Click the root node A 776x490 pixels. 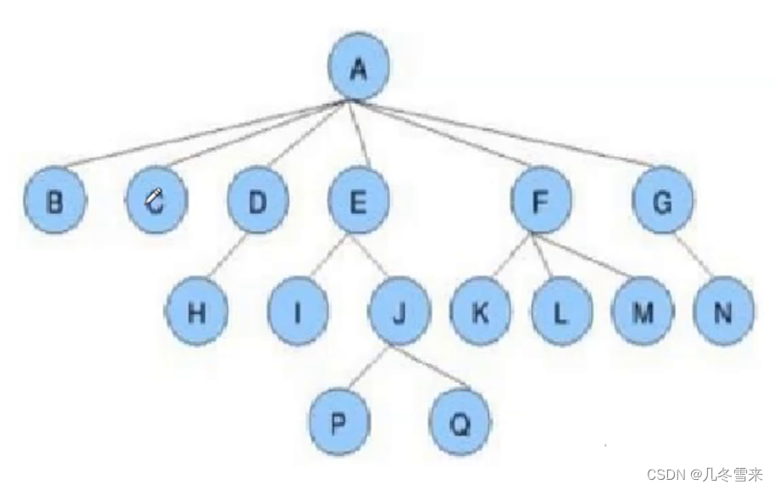pyautogui.click(x=359, y=69)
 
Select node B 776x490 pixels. pyautogui.click(x=54, y=202)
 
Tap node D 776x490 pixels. pyautogui.click(x=258, y=202)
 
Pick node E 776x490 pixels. pyautogui.click(x=358, y=202)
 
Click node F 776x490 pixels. pyautogui.click(x=541, y=202)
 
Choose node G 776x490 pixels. pyautogui.click(x=663, y=202)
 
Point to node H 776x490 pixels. pyautogui.click(x=196, y=313)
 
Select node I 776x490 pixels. pyautogui.click(x=297, y=313)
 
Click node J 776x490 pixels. pyautogui.click(x=398, y=313)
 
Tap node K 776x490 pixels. pyautogui.click(x=480, y=313)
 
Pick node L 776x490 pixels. pyautogui.click(x=560, y=313)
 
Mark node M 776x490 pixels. pyautogui.click(x=643, y=313)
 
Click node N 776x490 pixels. pyautogui.click(x=723, y=313)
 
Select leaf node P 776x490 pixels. pyautogui.click(x=338, y=423)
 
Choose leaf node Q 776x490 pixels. pyautogui.click(x=460, y=423)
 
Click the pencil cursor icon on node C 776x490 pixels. pyautogui.click(x=155, y=199)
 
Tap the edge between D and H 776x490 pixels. pyautogui.click(x=227, y=257)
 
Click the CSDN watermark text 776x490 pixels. pyautogui.click(x=705, y=475)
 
